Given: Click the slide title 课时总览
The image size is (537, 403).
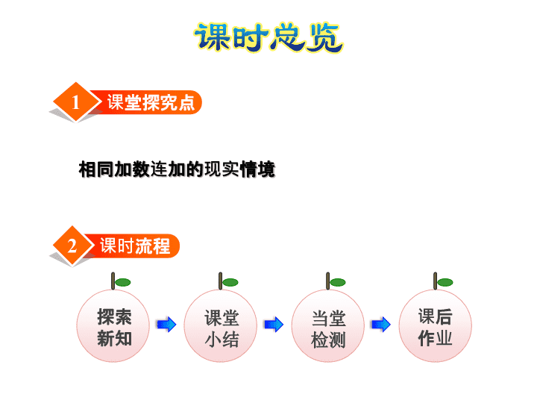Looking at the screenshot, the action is pos(268,37).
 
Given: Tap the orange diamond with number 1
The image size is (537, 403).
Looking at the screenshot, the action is pos(76,101).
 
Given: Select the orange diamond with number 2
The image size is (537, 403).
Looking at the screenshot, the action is pos(72,246).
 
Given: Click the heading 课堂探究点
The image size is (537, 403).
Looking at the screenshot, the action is pos(151,102).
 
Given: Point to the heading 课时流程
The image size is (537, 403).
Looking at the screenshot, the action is pos(135,246).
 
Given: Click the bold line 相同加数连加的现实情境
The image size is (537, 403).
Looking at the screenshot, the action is pos(177,169).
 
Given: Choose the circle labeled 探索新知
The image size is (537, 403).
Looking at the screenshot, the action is pos(113,325).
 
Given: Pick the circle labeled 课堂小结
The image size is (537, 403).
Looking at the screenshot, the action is pos(221,325).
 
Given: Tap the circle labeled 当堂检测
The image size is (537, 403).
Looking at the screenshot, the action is pos(328,325).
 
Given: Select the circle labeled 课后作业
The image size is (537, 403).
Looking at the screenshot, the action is pos(436,325).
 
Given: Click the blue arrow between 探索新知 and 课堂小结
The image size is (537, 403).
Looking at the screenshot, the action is pos(166,324).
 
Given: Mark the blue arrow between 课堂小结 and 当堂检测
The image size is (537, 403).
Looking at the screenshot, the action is pos(274,324).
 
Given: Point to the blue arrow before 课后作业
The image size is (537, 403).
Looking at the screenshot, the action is pos(381,324).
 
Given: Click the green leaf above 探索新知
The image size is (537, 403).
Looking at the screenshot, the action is pos(123,282).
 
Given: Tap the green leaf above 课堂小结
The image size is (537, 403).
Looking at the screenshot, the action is pos(230,282).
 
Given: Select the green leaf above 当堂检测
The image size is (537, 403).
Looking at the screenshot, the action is pos(338,282).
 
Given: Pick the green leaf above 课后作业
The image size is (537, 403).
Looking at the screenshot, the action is pos(445,282).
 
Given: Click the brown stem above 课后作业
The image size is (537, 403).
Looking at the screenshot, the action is pos(436,281).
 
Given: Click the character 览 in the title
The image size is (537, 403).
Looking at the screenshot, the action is pos(324,38).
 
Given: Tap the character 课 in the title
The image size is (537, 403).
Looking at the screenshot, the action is pos(213,37).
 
